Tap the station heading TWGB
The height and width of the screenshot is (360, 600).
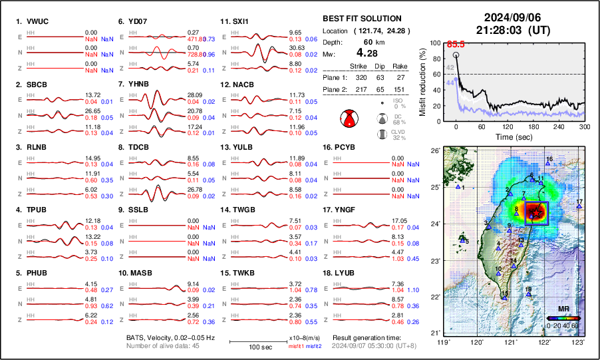pyautogui.click(x=245, y=210)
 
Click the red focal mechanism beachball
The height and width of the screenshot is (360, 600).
pyautogui.click(x=348, y=119)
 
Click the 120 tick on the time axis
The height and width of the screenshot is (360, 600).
pyautogui.click(x=508, y=126)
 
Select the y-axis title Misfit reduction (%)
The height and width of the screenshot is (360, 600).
pyautogui.click(x=422, y=82)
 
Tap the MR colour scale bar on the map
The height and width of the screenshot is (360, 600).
pyautogui.click(x=563, y=317)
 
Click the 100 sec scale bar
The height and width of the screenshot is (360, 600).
pyautogui.click(x=249, y=341)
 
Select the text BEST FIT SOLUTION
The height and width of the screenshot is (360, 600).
pyautogui.click(x=361, y=19)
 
